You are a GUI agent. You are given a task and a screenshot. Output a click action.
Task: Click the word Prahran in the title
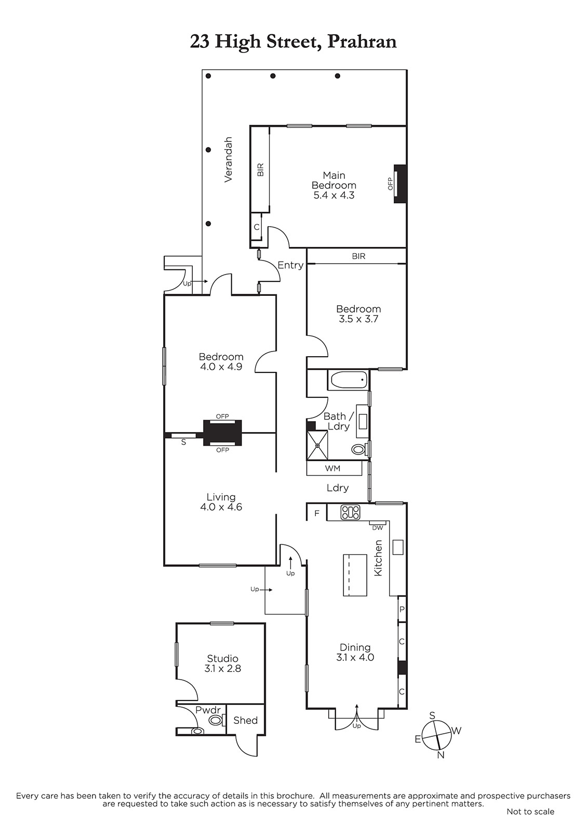coord(362,42)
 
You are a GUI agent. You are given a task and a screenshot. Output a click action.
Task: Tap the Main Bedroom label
coord(334,180)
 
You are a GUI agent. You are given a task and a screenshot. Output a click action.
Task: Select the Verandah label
coord(228,159)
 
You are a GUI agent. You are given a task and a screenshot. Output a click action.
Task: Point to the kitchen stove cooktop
coord(350,513)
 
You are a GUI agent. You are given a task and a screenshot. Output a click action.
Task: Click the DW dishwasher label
coord(377,527)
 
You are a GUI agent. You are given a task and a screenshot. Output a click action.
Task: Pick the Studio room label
coord(223,658)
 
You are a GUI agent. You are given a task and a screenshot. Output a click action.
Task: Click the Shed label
coord(245,721)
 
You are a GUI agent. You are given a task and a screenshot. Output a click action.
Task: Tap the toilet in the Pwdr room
coord(216,721)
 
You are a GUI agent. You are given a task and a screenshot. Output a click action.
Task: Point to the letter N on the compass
coord(441,755)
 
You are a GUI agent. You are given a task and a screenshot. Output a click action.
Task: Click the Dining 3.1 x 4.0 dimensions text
coord(355,657)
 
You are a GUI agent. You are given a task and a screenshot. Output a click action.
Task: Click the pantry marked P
coord(402,609)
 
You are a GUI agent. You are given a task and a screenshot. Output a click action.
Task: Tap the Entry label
coord(290,265)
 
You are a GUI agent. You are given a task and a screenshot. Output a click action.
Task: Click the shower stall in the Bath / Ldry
coord(317,445)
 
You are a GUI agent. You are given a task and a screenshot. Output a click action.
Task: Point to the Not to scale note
coord(530,811)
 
